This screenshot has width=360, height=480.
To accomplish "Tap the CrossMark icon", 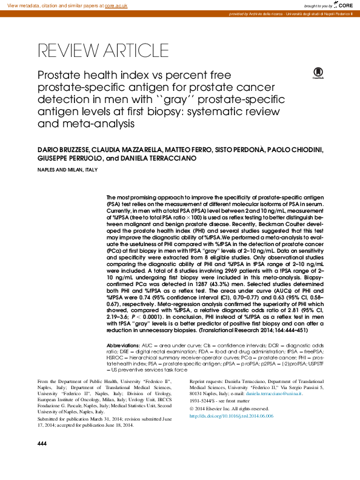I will point(317,73).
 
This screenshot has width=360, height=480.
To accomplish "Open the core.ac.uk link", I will point(117,5).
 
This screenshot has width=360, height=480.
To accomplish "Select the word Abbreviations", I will point(123,345).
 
